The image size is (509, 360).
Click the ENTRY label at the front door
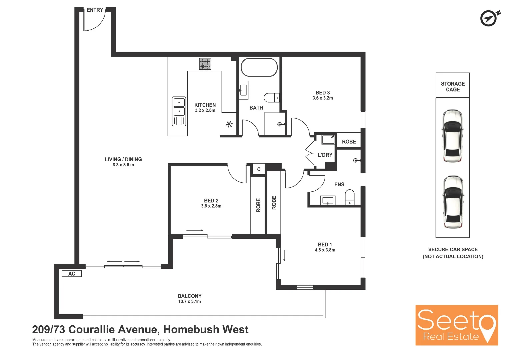95,10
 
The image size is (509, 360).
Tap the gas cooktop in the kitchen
205,64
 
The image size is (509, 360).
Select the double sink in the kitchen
179,111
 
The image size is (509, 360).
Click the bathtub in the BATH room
259,68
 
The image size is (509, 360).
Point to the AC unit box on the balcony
72,274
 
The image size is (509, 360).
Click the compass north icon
489,18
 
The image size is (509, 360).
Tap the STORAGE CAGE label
453,87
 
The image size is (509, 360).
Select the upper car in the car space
452,136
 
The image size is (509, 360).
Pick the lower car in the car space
452,202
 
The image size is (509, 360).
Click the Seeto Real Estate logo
456,325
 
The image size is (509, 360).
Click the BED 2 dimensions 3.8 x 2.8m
211,206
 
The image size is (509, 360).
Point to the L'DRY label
325,155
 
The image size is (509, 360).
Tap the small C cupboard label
259,169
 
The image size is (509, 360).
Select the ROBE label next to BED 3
349,142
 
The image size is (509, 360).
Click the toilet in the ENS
350,197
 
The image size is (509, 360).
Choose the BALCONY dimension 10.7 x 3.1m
189,302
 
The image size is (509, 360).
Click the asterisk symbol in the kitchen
229,125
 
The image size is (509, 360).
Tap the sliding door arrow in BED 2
195,230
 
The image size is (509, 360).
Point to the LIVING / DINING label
123,159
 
